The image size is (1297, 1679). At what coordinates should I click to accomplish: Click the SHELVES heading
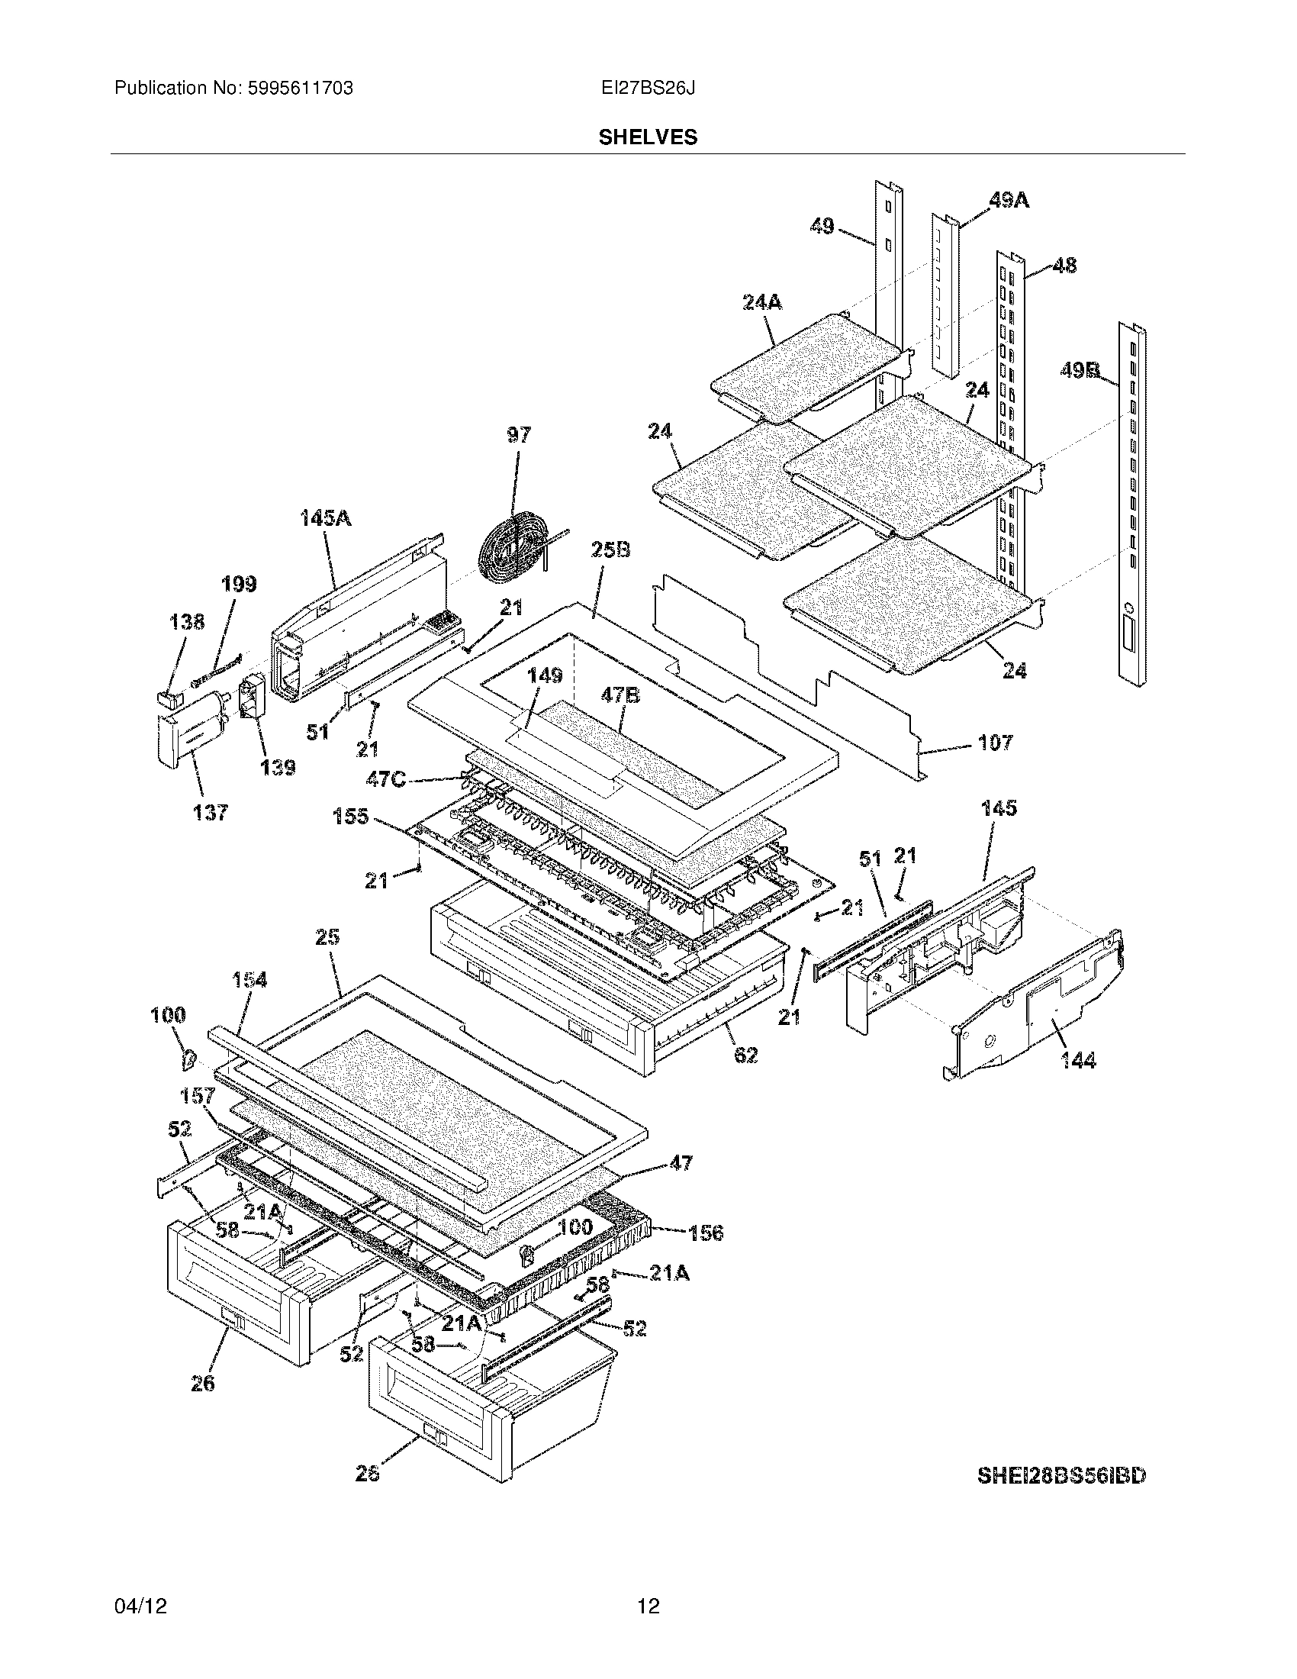tap(648, 137)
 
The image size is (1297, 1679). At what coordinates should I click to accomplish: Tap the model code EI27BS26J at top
tap(648, 89)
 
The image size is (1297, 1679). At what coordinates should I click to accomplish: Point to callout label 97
tap(519, 435)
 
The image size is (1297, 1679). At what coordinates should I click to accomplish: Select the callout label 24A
tap(761, 302)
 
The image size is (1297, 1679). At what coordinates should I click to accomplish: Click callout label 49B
tap(1079, 371)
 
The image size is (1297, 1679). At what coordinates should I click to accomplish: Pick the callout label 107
tap(995, 742)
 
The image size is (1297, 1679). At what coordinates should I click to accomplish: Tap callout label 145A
tap(325, 518)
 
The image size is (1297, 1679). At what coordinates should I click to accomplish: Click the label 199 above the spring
tap(239, 584)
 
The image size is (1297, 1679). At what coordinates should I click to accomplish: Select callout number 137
tap(210, 812)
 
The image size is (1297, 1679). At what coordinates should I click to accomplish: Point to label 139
tap(278, 767)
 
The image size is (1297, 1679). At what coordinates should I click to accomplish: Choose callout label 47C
tap(386, 778)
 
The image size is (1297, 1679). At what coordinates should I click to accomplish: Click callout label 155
tap(350, 816)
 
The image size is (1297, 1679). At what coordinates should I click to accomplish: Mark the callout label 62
tap(745, 1055)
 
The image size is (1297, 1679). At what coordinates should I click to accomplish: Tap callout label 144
tap(1078, 1061)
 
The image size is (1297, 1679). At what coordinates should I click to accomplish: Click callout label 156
tap(706, 1233)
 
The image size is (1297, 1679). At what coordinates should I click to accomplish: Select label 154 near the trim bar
tap(249, 979)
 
